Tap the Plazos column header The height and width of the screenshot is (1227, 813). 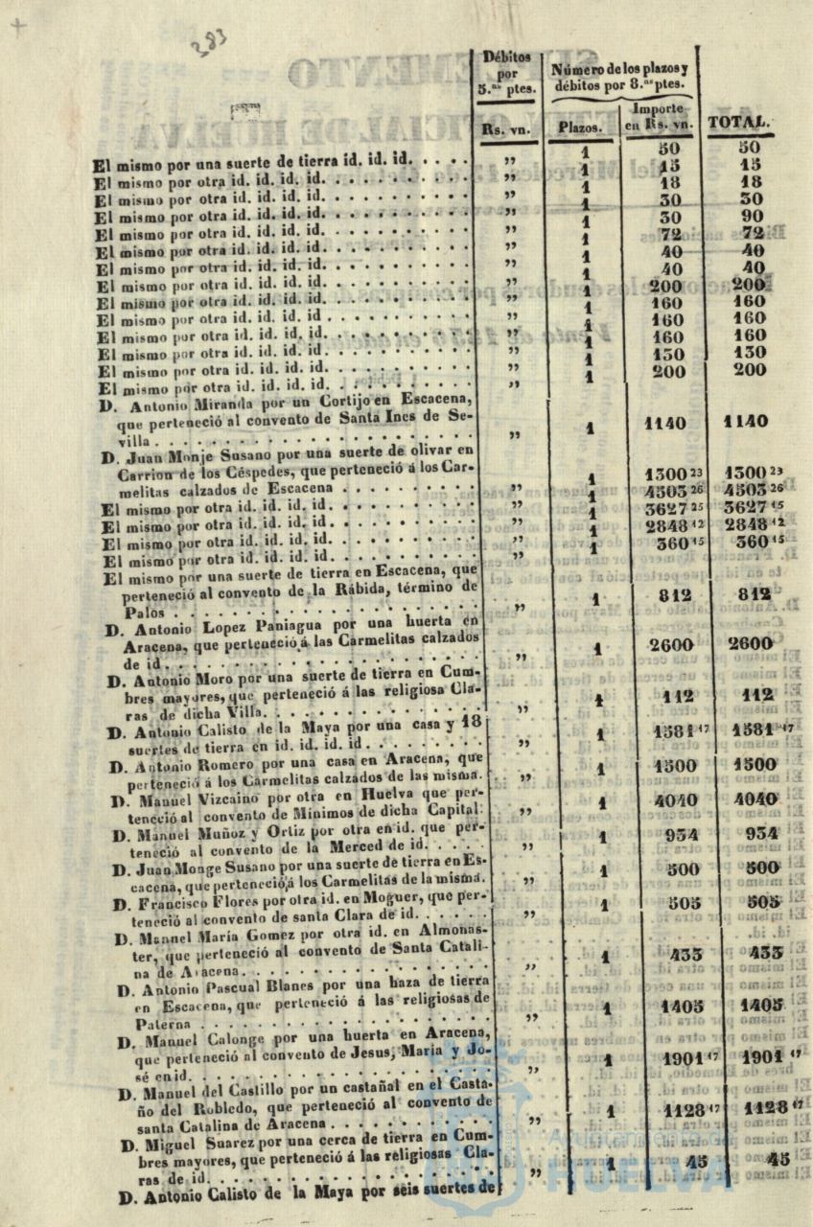(581, 127)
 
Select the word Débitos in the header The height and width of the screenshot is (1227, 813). (507, 57)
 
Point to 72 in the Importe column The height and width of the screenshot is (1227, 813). (670, 234)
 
